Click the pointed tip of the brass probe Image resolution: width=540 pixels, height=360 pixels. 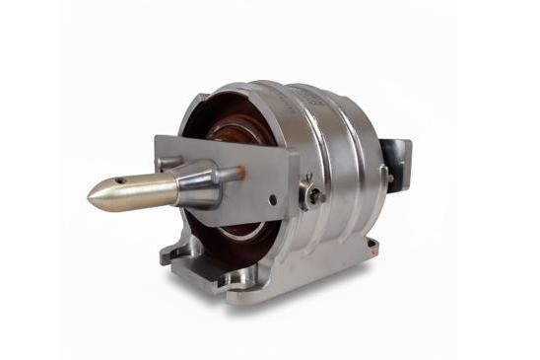[90, 200]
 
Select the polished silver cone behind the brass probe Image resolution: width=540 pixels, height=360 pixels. [197, 184]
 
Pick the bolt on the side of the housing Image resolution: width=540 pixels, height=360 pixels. [313, 194]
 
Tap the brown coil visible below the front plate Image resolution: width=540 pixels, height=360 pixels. [241, 234]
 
